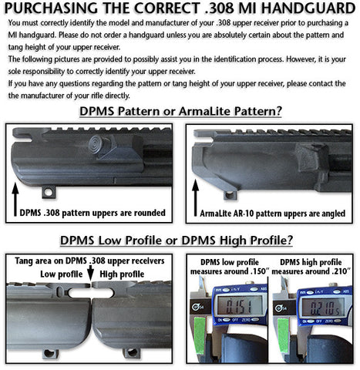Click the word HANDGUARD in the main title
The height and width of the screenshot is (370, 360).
pos(308,8)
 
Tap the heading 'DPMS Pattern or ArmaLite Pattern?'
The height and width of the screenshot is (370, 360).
pos(180,111)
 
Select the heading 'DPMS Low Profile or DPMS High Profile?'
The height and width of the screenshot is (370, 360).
pos(177,240)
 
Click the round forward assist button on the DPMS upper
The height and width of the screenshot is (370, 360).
pos(97,144)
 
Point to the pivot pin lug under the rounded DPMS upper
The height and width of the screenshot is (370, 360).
pos(49,192)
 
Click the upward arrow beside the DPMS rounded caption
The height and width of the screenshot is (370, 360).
pos(15,199)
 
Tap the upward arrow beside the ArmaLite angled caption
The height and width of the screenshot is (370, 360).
pos(196,198)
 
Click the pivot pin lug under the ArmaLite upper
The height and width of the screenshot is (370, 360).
pos(230,195)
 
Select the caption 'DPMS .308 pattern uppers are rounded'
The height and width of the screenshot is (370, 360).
pos(93,213)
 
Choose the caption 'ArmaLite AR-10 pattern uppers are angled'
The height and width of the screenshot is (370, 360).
pos(273,214)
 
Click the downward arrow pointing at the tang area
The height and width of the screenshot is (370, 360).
pos(90,273)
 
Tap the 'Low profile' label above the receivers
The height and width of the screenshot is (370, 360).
pos(62,274)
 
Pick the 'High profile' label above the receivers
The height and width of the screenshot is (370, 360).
pos(122,274)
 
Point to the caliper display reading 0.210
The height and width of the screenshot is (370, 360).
pos(323,308)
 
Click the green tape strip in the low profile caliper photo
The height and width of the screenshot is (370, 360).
pos(200,335)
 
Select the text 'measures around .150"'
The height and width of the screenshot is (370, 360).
pos(230,271)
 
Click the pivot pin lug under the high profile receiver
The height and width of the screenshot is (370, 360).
pos(132,352)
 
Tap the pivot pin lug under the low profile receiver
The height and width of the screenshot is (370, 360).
pos(50,353)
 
